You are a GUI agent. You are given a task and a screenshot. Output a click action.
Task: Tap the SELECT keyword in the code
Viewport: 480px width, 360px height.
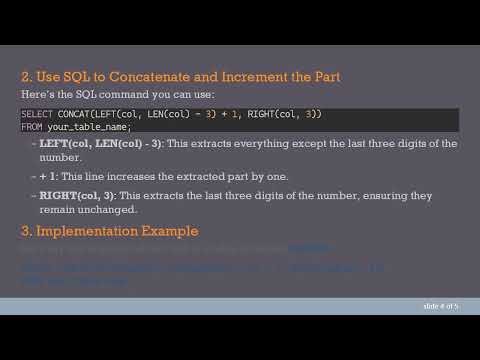coord(36,115)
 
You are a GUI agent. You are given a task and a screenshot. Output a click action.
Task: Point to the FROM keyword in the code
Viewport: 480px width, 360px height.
coord(31,127)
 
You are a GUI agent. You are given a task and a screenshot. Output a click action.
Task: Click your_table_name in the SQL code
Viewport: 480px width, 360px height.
coord(88,127)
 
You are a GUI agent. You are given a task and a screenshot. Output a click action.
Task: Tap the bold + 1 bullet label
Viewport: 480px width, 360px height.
coord(48,176)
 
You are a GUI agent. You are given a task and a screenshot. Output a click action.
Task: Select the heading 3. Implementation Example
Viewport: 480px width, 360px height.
coord(109,232)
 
